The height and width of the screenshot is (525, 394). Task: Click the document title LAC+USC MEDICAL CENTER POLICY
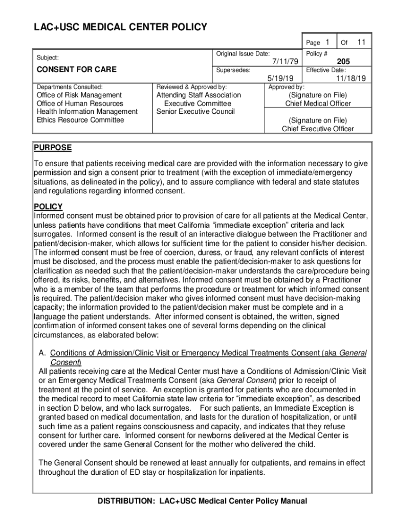pos(120,27)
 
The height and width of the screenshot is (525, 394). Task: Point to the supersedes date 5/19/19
pos(280,78)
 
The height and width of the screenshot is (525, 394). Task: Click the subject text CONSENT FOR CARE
pos(75,69)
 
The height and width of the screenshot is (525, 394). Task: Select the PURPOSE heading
pos(53,148)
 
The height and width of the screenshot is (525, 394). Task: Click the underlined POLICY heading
pos(48,207)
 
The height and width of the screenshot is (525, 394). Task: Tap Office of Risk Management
pos(79,95)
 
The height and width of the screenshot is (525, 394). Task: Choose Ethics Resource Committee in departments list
pos(80,120)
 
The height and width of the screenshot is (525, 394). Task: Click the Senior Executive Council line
pos(195,112)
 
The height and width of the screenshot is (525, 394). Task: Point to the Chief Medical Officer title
pos(318,104)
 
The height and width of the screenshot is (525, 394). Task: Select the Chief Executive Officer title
pos(318,129)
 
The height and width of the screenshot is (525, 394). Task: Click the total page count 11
pos(361,42)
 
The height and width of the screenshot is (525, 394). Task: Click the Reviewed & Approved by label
pos(191,87)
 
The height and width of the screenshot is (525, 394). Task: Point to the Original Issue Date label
pos(243,54)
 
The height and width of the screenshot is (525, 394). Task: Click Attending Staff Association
pos(199,95)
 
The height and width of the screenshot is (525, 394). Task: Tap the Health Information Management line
pos(87,112)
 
